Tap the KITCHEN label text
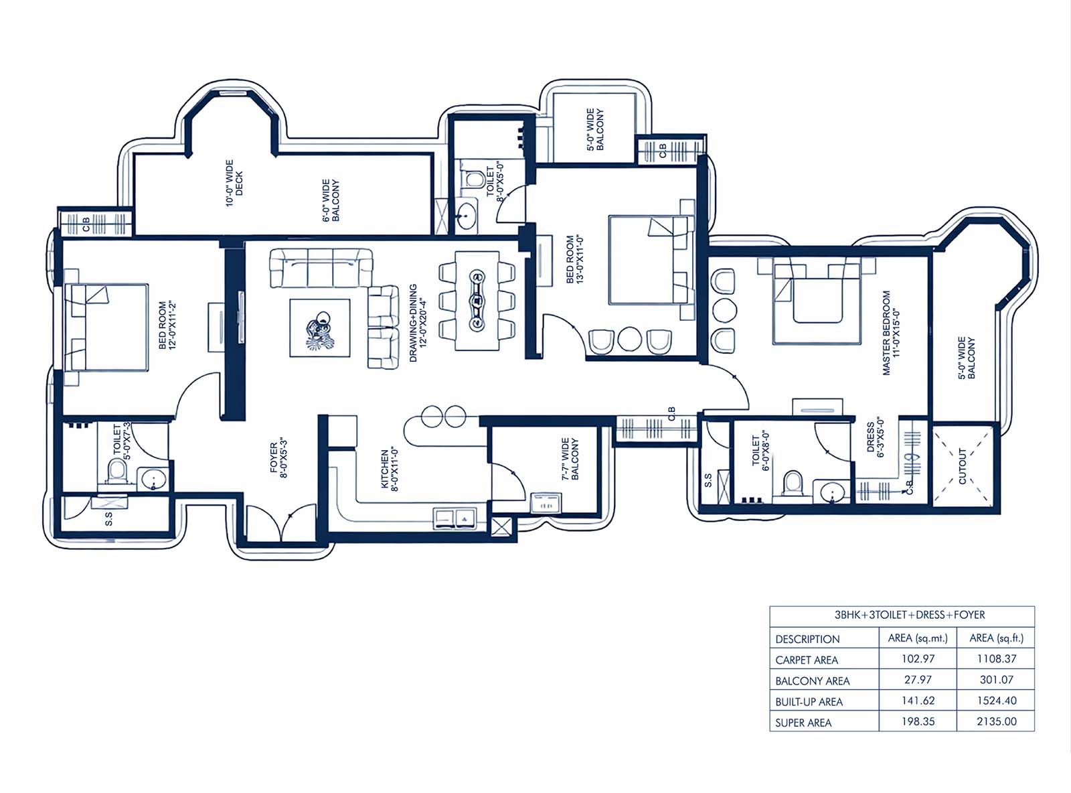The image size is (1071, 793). pos(389,469)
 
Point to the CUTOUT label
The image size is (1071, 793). pos(963,466)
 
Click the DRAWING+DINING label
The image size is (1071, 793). pos(418,323)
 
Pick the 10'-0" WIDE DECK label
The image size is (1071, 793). pos(234,184)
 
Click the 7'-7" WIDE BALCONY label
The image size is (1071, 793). pos(570,459)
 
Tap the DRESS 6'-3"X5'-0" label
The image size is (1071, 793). pos(875,437)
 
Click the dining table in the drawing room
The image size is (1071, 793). pos(477,300)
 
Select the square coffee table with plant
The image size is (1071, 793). pos(320,328)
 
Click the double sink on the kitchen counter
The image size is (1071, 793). pos(454,518)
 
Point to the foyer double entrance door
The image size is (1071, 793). pos(281,523)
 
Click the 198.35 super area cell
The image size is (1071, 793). pos(918,721)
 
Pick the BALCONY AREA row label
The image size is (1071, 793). pos(812,681)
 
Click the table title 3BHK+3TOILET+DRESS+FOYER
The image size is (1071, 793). pos(902,615)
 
